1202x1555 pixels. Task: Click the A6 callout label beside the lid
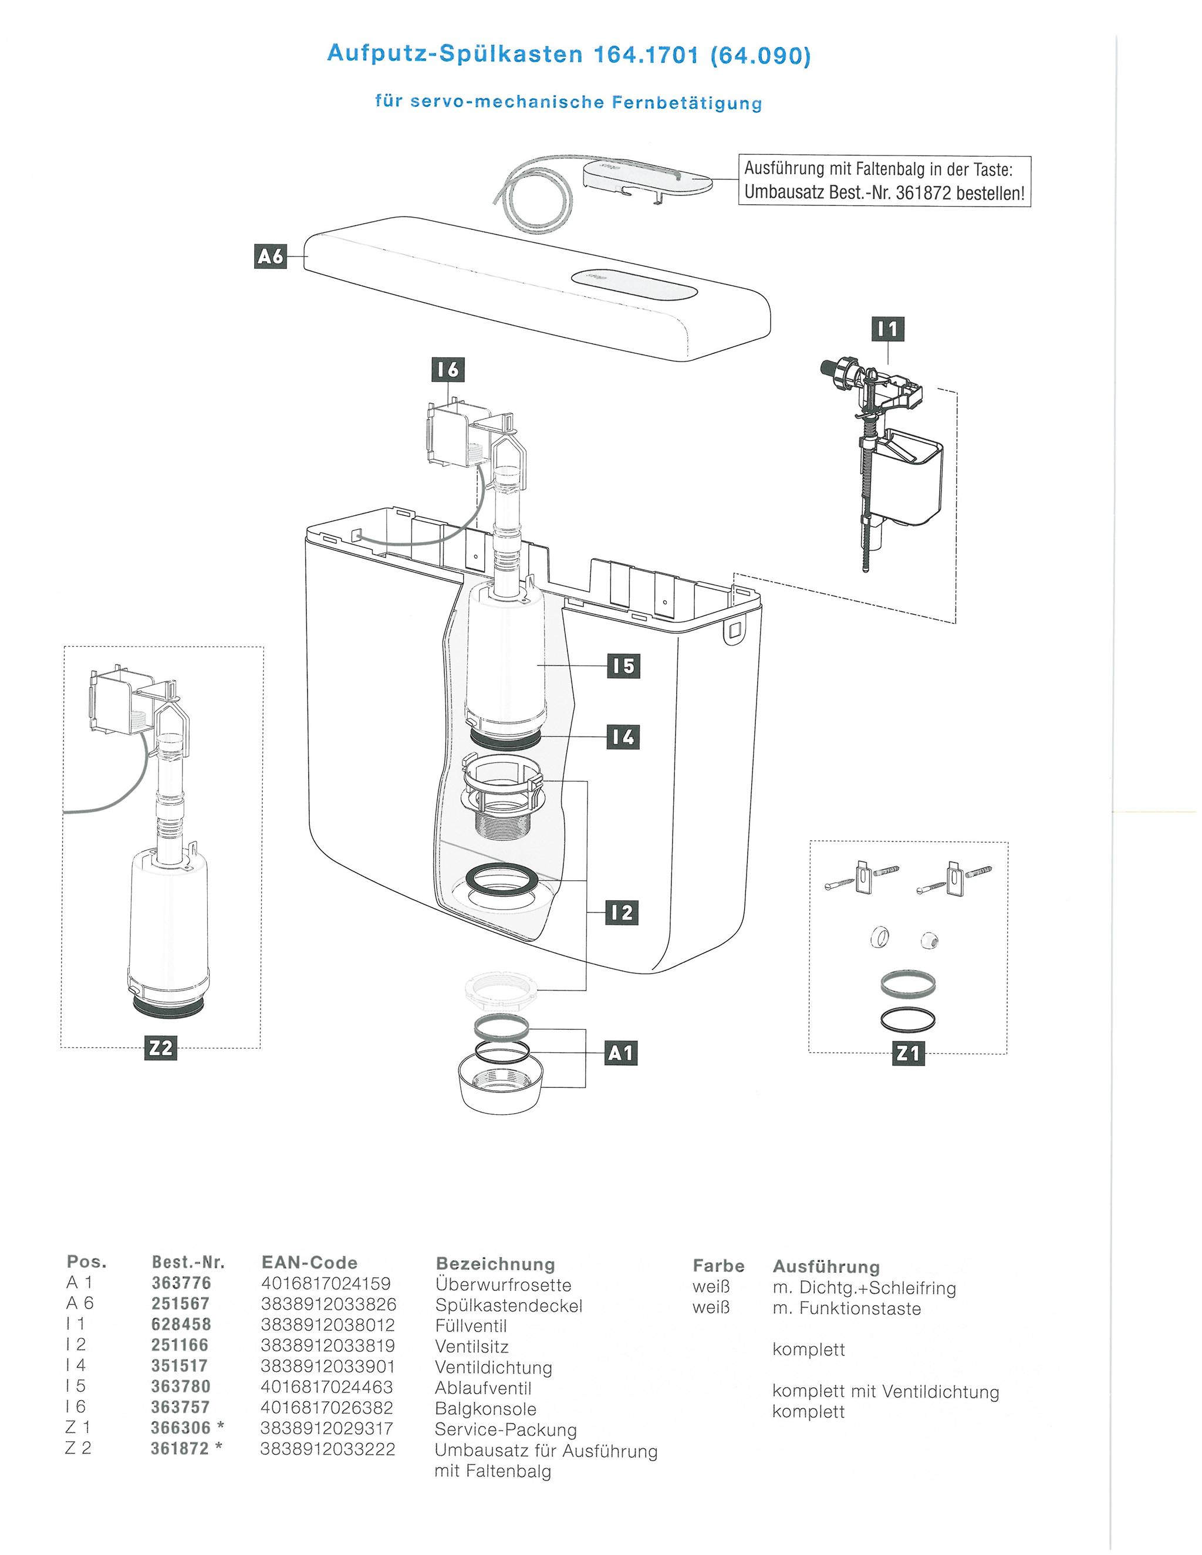[x=270, y=256]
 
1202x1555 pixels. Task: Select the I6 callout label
[x=448, y=370]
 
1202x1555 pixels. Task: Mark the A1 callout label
[x=621, y=1053]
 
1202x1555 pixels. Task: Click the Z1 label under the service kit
[x=909, y=1053]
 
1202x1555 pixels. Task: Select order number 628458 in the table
[x=181, y=1324]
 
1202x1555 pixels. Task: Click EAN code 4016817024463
[x=327, y=1386]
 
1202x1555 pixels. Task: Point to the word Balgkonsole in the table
[x=485, y=1408]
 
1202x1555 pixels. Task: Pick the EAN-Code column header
[x=310, y=1262]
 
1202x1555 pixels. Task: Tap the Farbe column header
[x=718, y=1265]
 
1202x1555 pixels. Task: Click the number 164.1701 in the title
[x=646, y=54]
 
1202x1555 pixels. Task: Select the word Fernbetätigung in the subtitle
[x=687, y=103]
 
